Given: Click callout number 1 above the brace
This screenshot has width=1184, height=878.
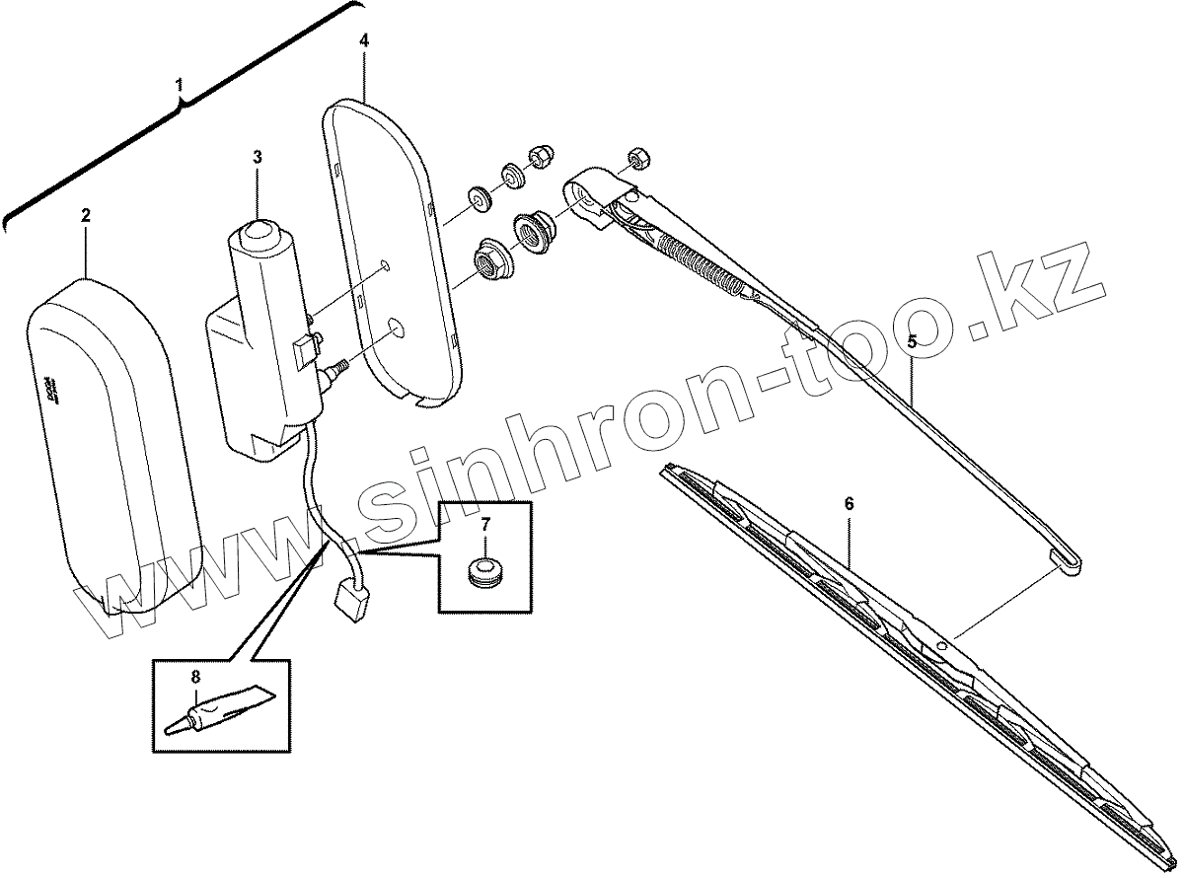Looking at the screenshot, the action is pos(180,86).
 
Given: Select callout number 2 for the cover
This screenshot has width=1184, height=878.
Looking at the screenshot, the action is pos(86,214).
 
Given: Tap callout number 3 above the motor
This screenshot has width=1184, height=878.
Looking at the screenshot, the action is pos(257,157).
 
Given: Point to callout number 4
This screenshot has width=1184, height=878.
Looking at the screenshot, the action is pos(364,40).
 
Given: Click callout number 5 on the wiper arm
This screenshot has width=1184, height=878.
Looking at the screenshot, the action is pos(912,342).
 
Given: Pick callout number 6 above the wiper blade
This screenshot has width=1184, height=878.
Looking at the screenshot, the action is pos(850,504).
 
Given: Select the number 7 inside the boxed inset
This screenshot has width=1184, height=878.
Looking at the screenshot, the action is pos(485,525).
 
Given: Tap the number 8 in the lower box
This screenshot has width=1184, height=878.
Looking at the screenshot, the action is pos(195,677).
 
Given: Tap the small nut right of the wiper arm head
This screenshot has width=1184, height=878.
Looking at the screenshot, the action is pos(636,158).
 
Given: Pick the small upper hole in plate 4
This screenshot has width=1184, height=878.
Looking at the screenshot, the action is pos(385,265).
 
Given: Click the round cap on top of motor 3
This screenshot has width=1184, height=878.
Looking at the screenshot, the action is pos(259,234).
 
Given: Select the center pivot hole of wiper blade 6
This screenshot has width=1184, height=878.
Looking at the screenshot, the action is pos(941,645).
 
